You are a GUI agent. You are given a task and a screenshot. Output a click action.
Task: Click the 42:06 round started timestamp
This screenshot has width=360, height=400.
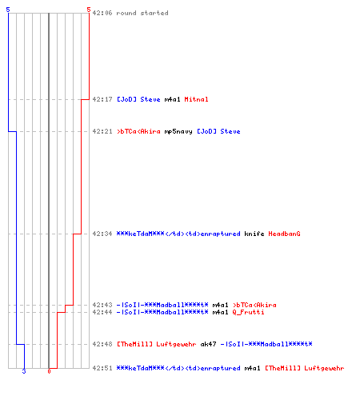pyautogui.click(x=102, y=13)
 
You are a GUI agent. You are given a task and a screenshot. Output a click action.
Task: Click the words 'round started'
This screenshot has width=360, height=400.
pyautogui.click(x=142, y=13)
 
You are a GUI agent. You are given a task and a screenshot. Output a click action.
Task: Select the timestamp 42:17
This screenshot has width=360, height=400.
pyautogui.click(x=102, y=99)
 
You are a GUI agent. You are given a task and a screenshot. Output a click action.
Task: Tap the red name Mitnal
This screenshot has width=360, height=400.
pyautogui.click(x=196, y=99)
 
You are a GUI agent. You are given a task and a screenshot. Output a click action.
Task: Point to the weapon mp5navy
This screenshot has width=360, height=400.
pyautogui.click(x=178, y=131)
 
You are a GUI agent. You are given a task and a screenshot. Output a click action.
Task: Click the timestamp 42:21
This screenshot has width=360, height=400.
pyautogui.click(x=102, y=131)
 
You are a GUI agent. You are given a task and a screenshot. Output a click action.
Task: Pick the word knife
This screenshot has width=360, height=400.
pyautogui.click(x=254, y=234)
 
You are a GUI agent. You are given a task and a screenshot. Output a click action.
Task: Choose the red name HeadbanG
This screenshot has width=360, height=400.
pyautogui.click(x=284, y=234)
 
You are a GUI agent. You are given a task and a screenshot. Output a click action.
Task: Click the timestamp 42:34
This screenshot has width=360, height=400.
pyautogui.click(x=102, y=234)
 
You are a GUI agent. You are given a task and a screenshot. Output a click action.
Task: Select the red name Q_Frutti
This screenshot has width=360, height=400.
pyautogui.click(x=248, y=312)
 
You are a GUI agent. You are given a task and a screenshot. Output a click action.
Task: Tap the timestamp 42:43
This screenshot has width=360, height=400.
pyautogui.click(x=102, y=305)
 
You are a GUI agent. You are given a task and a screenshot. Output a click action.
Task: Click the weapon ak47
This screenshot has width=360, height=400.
pyautogui.click(x=208, y=344)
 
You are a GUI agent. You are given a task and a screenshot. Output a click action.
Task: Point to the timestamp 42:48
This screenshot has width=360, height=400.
pyautogui.click(x=102, y=344)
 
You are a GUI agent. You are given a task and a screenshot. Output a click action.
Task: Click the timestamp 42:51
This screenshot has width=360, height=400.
pyautogui.click(x=102, y=368)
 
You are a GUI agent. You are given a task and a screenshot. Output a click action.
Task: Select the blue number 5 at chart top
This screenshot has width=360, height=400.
pyautogui.click(x=8, y=10)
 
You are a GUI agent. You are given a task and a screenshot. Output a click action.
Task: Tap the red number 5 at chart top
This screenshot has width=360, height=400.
pyautogui.click(x=89, y=10)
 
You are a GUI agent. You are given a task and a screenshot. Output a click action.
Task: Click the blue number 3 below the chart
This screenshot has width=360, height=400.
pyautogui.click(x=24, y=371)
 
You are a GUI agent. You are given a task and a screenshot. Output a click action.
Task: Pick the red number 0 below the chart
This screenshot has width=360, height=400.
pyautogui.click(x=49, y=371)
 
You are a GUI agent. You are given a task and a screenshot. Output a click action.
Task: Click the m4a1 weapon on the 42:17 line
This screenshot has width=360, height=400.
pyautogui.click(x=172, y=99)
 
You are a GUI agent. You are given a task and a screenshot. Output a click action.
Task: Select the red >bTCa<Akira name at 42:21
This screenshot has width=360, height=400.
pyautogui.click(x=138, y=131)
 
